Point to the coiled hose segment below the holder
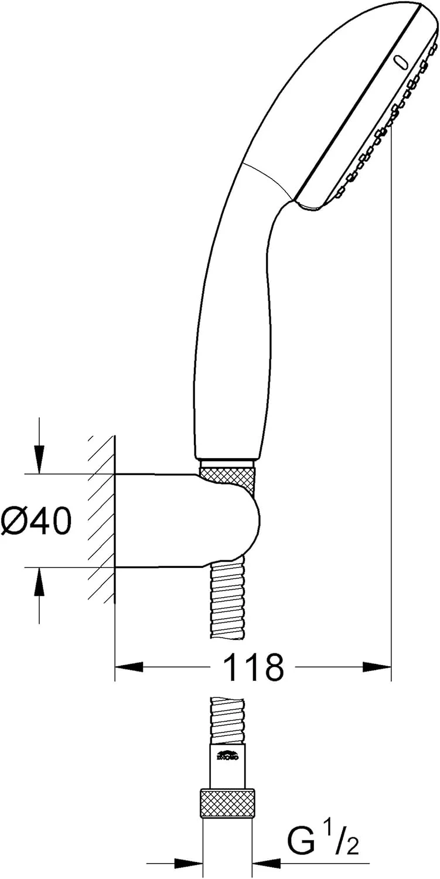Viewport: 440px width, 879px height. [227, 604]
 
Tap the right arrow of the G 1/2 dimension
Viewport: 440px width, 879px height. [268, 863]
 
